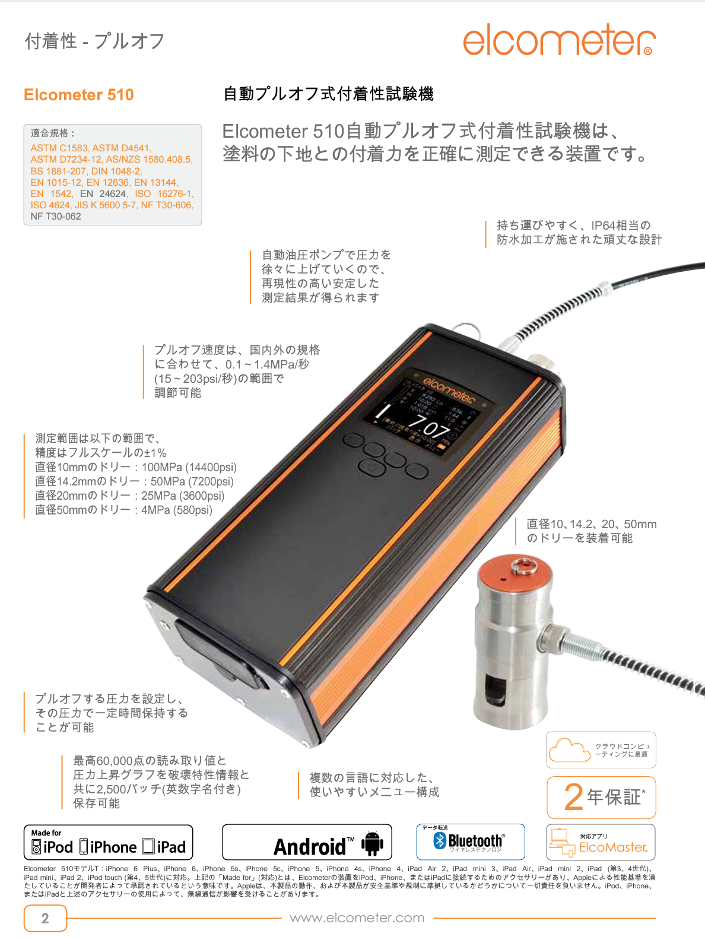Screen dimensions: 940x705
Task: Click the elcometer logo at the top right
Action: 558,40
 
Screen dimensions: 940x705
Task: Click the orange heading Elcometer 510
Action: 79,95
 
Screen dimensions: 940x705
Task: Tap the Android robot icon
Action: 372,843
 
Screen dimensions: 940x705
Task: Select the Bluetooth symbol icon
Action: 440,840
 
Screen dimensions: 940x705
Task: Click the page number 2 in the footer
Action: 45,919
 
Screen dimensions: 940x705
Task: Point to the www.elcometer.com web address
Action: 357,918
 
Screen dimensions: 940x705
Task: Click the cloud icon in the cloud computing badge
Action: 570,750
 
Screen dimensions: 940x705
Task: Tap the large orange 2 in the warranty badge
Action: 573,797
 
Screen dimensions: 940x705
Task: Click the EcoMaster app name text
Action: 613,847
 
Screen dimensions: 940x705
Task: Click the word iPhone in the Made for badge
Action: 113,847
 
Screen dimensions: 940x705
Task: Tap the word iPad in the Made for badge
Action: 172,847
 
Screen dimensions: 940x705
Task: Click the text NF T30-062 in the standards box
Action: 56,217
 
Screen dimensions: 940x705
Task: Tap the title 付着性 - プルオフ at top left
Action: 94,41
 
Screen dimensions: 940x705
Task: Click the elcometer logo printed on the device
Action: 449,388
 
